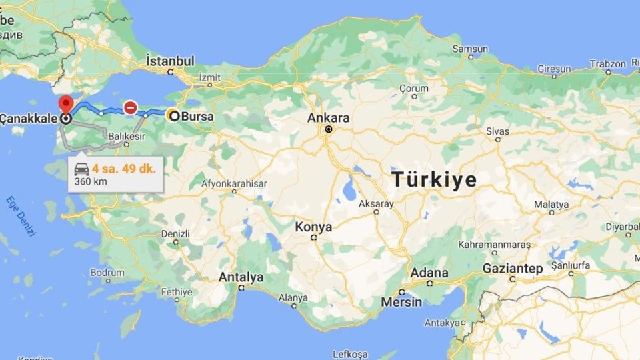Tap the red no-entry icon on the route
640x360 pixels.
131,107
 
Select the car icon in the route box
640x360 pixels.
82,169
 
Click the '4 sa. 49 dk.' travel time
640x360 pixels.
124,169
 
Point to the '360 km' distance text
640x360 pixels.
91,181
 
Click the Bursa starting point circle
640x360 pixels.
173,116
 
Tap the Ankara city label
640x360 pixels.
328,118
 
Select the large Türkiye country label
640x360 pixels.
434,179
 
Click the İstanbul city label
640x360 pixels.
170,61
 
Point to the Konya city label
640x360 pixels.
313,227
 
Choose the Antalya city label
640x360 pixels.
241,277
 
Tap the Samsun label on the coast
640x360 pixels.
470,49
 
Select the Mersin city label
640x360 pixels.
401,302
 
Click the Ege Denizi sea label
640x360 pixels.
22,217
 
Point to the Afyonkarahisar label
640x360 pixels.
234,183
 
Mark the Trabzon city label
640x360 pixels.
607,64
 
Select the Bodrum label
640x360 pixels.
107,273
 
